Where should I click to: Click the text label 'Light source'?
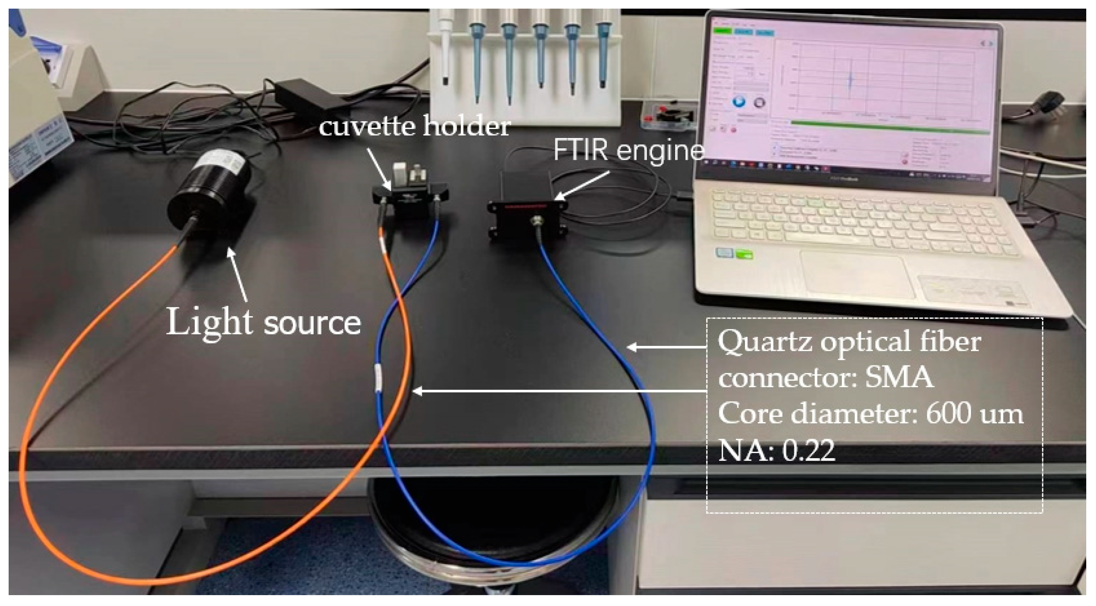click(264, 322)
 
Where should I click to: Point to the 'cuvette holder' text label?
click(415, 126)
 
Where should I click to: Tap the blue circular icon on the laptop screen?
click(739, 101)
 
